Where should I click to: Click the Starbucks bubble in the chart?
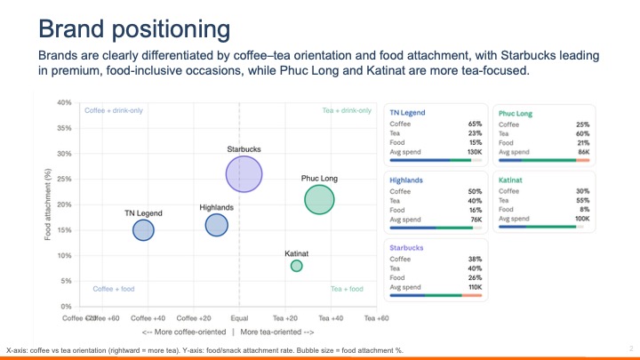(244, 174)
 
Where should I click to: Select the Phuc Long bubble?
(319, 200)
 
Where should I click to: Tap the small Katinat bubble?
(297, 266)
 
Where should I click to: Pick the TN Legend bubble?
(143, 230)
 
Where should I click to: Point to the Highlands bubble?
(217, 225)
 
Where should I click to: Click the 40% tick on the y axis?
(64, 103)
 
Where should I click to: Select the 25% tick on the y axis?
(64, 180)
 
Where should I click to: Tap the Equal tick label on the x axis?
(239, 317)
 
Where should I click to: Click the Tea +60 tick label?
(377, 317)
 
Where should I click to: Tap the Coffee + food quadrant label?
(113, 289)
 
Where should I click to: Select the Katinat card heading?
(510, 180)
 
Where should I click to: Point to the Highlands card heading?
(405, 180)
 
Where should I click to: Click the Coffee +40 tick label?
(148, 317)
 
